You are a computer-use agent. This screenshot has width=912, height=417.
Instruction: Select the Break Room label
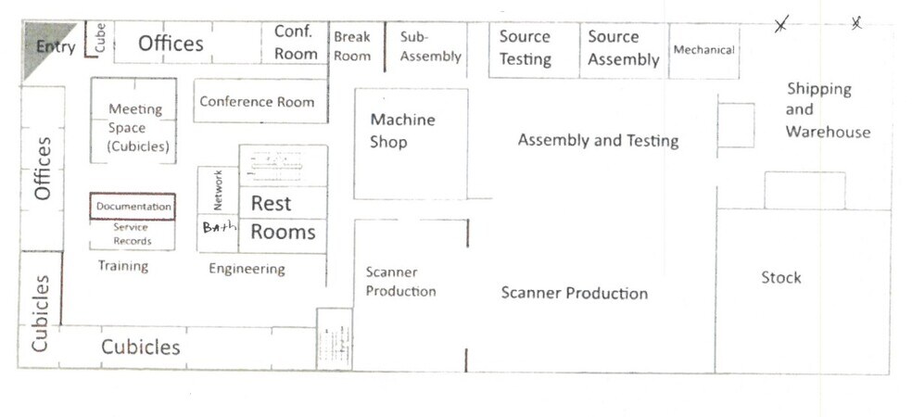352,46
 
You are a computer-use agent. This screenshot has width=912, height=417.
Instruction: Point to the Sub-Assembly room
429,47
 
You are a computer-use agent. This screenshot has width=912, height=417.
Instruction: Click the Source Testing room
525,48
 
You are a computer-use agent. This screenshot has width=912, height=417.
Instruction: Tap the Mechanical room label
703,50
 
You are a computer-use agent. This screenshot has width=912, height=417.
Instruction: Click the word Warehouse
828,132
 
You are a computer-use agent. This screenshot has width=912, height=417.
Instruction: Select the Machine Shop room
402,131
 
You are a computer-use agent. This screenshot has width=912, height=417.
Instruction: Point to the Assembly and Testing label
598,141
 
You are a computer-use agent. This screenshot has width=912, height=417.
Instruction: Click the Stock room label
780,277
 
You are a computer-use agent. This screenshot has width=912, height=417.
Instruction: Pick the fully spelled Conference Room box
257,102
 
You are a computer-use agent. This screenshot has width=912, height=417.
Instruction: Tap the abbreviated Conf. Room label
296,43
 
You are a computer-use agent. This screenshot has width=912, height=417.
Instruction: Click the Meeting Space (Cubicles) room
134,127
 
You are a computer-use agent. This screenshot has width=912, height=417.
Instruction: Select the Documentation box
133,207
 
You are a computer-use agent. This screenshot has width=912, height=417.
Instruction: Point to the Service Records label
132,234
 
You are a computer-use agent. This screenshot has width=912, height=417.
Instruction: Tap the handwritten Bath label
220,227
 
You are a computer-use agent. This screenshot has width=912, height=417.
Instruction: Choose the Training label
123,266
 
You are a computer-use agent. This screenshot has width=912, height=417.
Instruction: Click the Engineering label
247,269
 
